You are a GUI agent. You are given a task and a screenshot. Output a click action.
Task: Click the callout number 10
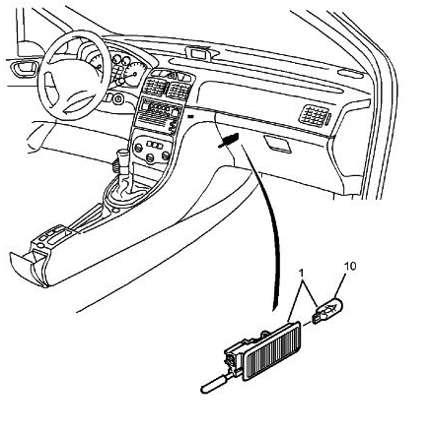(x=350, y=267)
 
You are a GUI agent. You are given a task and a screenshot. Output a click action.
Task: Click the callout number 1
(x=301, y=273)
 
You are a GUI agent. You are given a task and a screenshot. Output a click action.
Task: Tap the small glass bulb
(x=327, y=310)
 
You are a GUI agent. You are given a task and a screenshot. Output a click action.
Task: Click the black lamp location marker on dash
(x=228, y=141)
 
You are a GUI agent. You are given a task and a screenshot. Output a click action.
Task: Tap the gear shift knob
(x=122, y=161)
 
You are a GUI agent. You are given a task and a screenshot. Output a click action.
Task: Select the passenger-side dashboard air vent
(x=315, y=116)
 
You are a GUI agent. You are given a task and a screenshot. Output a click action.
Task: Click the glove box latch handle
(x=278, y=144)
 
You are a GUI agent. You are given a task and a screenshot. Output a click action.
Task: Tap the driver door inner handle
(x=24, y=69)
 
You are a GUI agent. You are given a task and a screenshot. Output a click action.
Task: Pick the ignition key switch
(x=117, y=98)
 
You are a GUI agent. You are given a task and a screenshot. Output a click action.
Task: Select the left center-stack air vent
(x=154, y=87)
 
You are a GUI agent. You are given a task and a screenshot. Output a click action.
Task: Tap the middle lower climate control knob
(x=150, y=158)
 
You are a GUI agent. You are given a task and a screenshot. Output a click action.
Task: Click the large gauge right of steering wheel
(x=134, y=74)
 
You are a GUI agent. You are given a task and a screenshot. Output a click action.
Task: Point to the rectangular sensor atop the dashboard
(x=199, y=53)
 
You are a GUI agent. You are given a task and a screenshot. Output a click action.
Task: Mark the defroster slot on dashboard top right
(x=352, y=74)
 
